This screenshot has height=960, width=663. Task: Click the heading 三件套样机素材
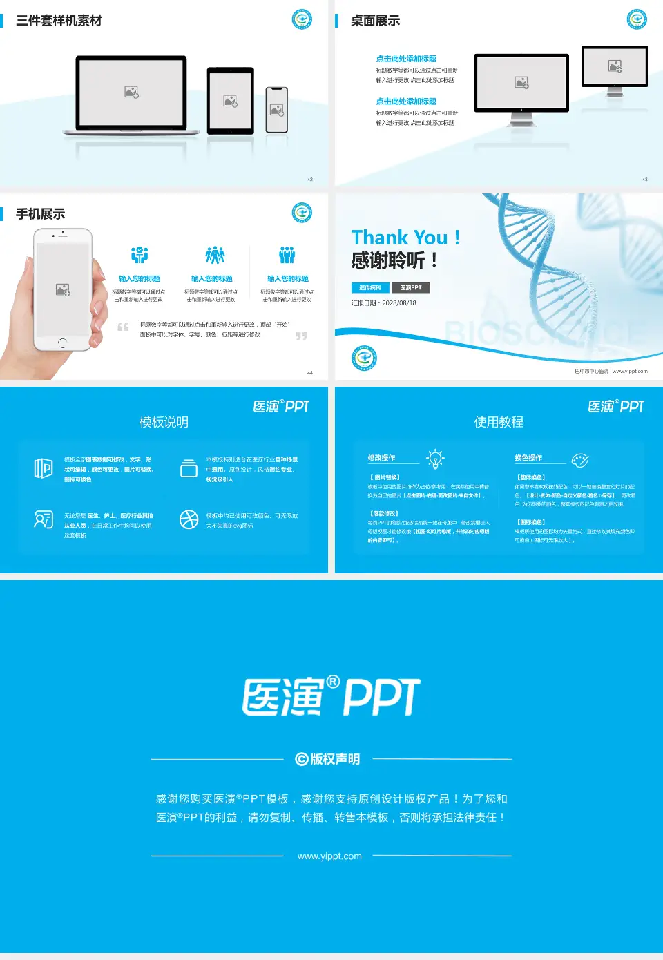pos(59,21)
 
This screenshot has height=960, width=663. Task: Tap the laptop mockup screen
pos(131,92)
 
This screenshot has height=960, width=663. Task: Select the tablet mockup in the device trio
pos(231,101)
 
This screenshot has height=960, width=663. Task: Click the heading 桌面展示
pos(375,21)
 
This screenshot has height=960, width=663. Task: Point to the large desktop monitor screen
pos(521,83)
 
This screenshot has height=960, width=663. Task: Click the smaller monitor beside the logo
pos(615,66)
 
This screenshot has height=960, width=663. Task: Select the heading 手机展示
pos(41,214)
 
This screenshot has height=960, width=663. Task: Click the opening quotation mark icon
pos(123,327)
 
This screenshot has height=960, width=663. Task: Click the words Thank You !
pos(405,238)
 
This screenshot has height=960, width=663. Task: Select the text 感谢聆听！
pos(394,260)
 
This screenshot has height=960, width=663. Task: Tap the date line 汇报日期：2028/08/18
pos(384,303)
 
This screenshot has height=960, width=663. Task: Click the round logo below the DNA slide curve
pos(364,358)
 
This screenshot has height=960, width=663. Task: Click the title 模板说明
pos(164,422)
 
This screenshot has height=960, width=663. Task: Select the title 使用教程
pos(499,422)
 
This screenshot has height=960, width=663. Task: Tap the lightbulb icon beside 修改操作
pos(435,459)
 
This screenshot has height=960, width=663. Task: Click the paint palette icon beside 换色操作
pos(580,460)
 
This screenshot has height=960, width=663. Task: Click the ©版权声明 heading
pos(328,759)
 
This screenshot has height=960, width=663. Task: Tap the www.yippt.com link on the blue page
pos(329,856)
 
